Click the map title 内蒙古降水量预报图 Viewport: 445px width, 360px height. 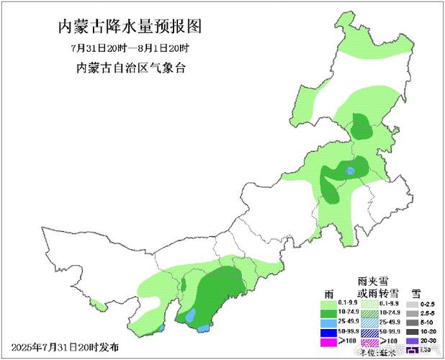tap(129, 27)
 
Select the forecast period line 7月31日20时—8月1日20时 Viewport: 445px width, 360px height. tap(129, 48)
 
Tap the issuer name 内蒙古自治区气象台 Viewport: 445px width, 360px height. tap(129, 68)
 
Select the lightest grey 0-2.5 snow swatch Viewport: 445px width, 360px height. tap(411, 304)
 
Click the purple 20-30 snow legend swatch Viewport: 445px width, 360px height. tap(411, 341)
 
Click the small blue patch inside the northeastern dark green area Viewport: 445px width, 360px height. tap(350, 171)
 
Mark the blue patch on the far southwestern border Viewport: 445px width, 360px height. tap(162, 328)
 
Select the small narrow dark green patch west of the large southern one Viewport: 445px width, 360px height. tap(182, 286)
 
